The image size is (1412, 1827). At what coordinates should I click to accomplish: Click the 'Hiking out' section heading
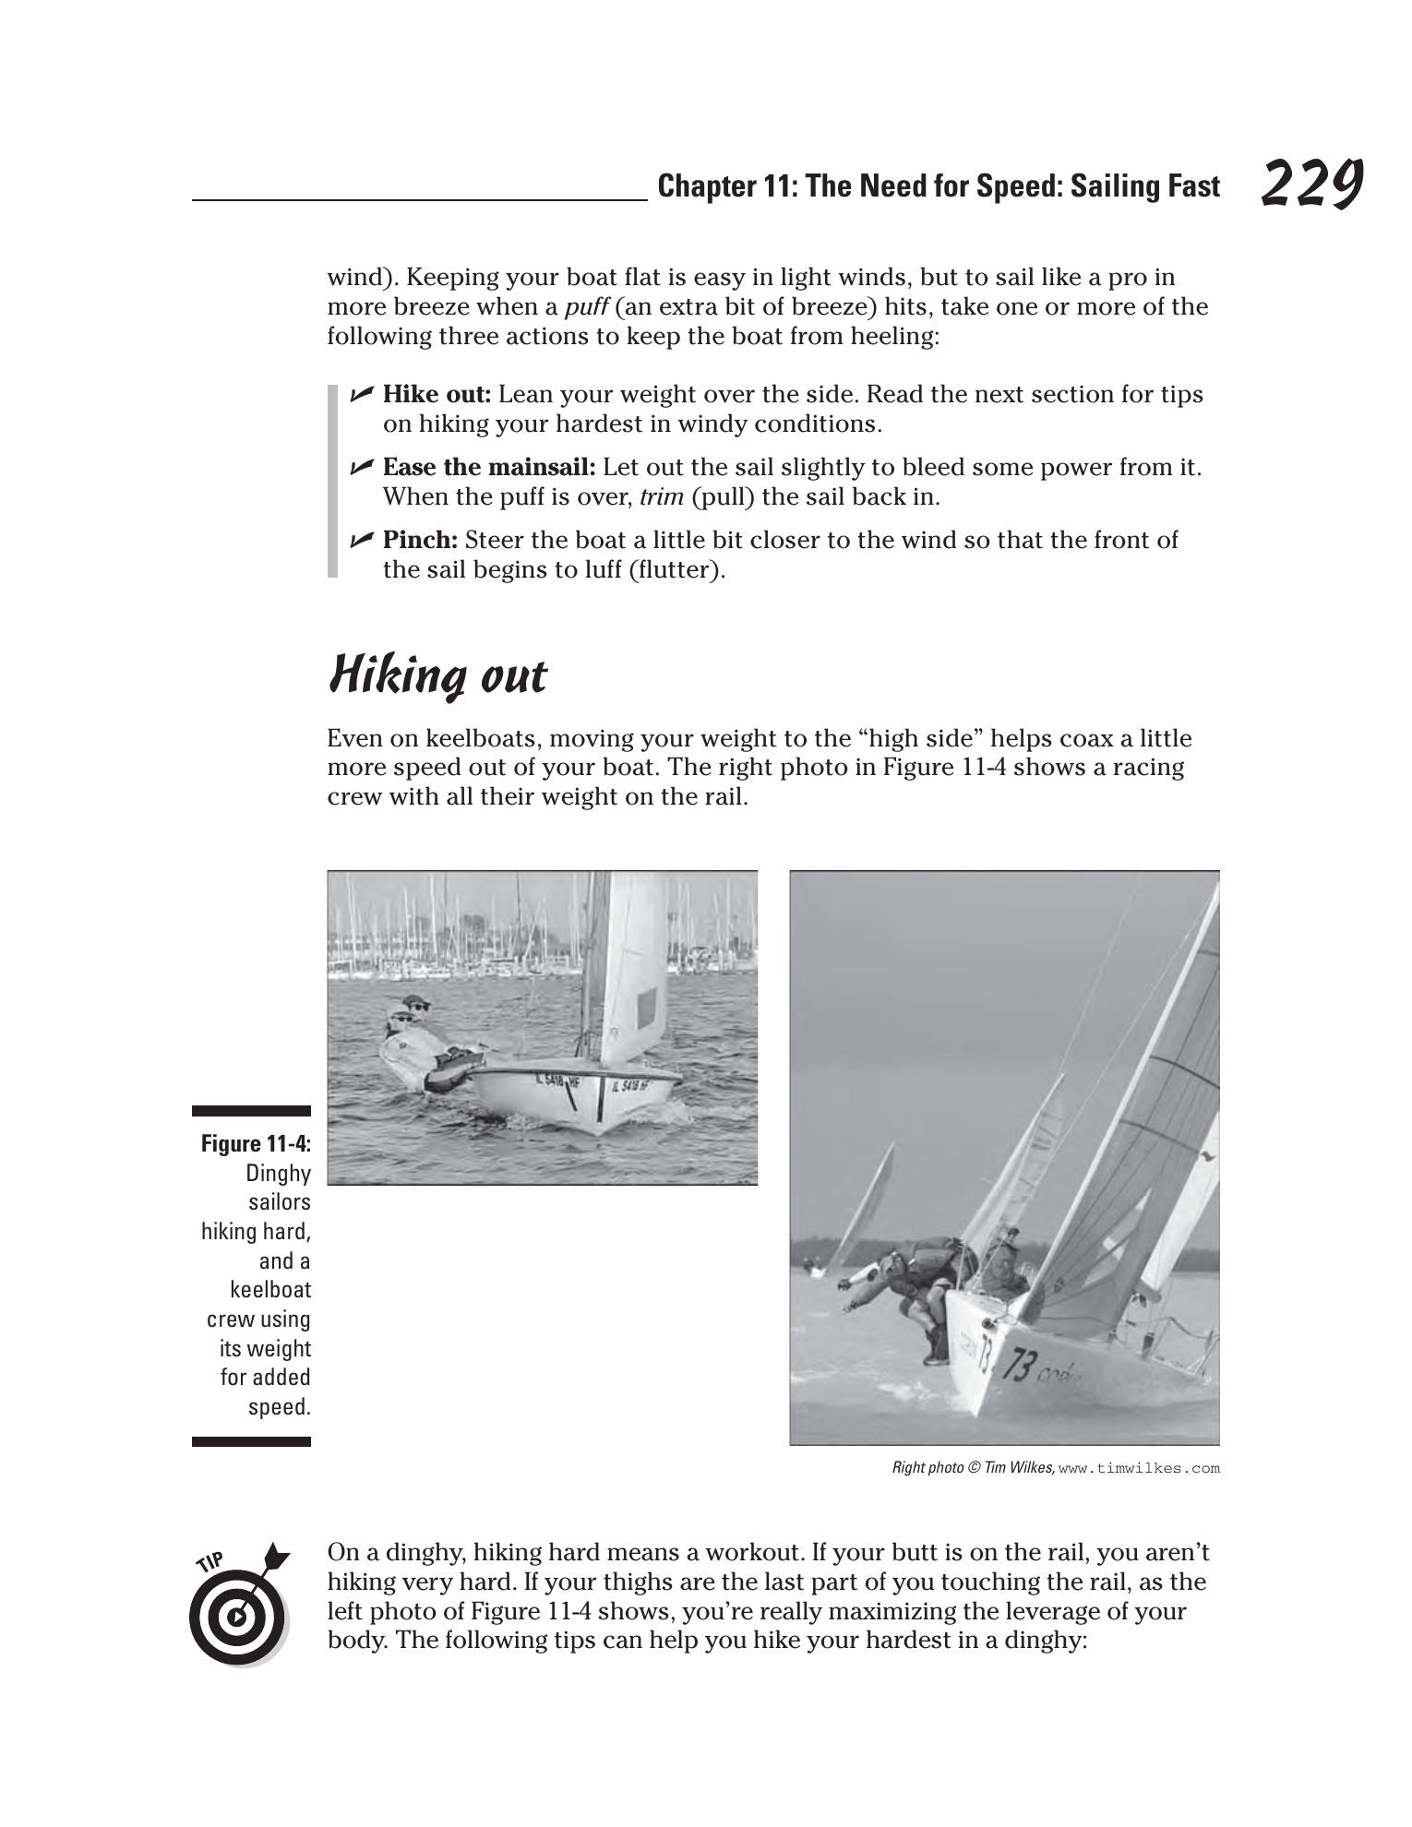pos(437,675)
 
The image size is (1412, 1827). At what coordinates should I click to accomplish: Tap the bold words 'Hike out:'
pos(437,394)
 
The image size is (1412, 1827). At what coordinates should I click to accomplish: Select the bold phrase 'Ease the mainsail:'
pos(489,467)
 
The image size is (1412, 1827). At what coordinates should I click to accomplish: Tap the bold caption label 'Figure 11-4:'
pos(256,1144)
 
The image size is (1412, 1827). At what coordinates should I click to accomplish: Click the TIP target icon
pos(238,1615)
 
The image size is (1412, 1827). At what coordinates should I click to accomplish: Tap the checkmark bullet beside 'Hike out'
pos(362,394)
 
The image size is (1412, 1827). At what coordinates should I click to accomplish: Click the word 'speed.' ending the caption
pos(279,1407)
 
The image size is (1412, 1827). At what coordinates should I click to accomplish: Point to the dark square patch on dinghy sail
pos(648,1006)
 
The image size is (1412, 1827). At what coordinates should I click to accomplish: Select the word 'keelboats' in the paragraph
pos(467,739)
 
